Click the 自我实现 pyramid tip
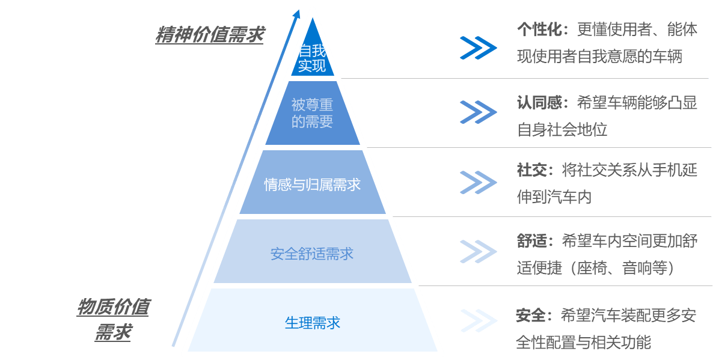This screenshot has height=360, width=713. (x=312, y=58)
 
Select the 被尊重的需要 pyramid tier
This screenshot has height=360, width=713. (x=312, y=113)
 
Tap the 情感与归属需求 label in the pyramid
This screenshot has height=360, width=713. (x=312, y=185)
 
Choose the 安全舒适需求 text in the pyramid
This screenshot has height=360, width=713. (x=312, y=254)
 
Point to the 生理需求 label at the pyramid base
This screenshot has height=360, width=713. (x=312, y=323)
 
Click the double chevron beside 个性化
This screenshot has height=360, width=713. (x=478, y=47)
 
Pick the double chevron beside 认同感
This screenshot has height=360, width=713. (x=478, y=112)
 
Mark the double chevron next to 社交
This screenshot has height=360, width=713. (x=478, y=182)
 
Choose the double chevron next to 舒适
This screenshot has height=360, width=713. (x=478, y=251)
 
